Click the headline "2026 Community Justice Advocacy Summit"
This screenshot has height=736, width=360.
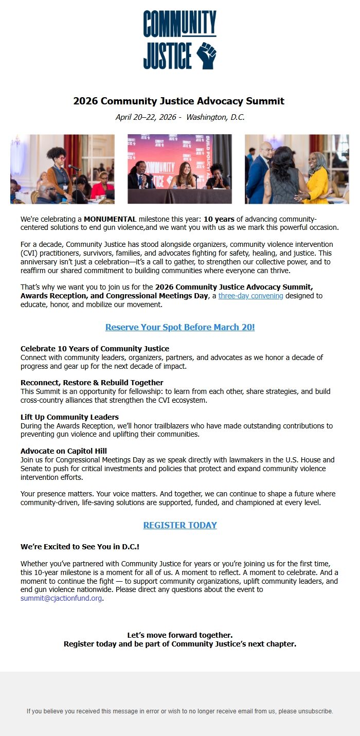179,101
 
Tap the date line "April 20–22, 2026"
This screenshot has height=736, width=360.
146,117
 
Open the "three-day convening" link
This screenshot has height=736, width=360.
250,296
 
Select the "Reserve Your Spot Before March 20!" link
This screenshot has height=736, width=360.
180,327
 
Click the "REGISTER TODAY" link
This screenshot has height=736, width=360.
180,525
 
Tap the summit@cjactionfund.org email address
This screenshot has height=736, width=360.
61,598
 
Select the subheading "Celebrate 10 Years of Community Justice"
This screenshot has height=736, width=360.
95,349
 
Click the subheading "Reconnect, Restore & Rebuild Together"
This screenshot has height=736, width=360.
92,383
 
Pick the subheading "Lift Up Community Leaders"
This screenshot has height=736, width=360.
69,417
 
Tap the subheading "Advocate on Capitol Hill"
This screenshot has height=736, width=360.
64,451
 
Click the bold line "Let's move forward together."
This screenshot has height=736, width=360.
180,635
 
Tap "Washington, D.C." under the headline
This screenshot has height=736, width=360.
215,117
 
